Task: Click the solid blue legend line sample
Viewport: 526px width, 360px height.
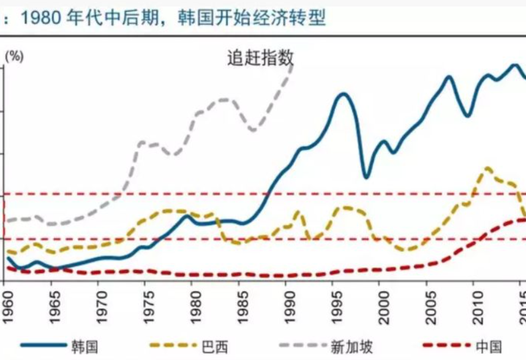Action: [42, 347]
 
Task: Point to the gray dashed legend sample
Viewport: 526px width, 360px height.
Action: [303, 347]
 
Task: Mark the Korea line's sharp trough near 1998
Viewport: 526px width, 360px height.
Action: [366, 178]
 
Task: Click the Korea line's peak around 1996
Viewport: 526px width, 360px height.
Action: [344, 94]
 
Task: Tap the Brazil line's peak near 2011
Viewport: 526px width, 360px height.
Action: [487, 167]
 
